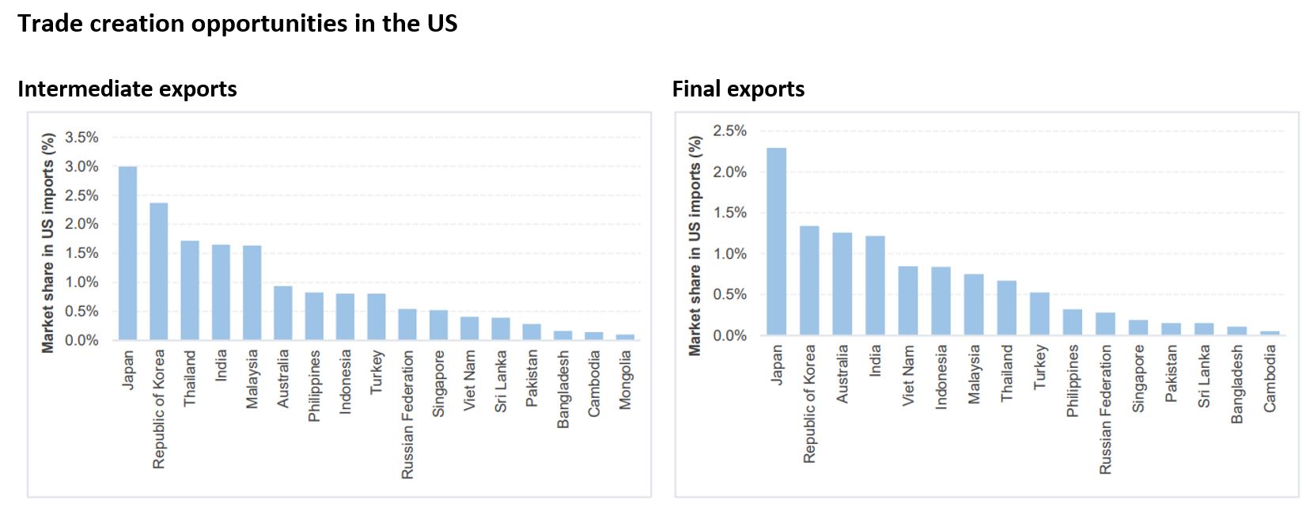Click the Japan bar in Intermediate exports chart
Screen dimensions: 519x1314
pyautogui.click(x=127, y=253)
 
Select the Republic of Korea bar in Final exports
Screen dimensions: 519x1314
pyautogui.click(x=809, y=281)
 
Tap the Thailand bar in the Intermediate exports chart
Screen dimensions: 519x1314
pyautogui.click(x=190, y=290)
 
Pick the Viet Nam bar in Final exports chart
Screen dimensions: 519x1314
pyautogui.click(x=907, y=301)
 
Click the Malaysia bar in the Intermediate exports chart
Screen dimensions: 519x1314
pyautogui.click(x=252, y=293)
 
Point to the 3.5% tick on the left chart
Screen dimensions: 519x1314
pyautogui.click(x=81, y=137)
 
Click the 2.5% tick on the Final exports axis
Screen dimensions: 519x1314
pyautogui.click(x=729, y=131)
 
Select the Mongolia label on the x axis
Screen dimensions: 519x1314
pyautogui.click(x=626, y=380)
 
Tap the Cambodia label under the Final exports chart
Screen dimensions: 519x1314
pyautogui.click(x=1270, y=378)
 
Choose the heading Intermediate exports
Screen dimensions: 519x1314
pyautogui.click(x=127, y=89)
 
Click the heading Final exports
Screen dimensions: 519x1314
pyautogui.click(x=738, y=89)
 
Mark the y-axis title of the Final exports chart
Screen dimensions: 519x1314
pyautogui.click(x=695, y=245)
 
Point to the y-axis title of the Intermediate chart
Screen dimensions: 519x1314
pyautogui.click(x=48, y=242)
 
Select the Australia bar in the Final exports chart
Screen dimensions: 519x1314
pyautogui.click(x=842, y=284)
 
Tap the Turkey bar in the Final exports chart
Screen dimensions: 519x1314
pyautogui.click(x=1039, y=314)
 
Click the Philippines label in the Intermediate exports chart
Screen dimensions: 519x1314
pyautogui.click(x=314, y=385)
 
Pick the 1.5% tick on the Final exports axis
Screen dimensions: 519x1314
pyautogui.click(x=729, y=213)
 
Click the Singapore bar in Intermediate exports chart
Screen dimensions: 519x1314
pyautogui.click(x=438, y=325)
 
